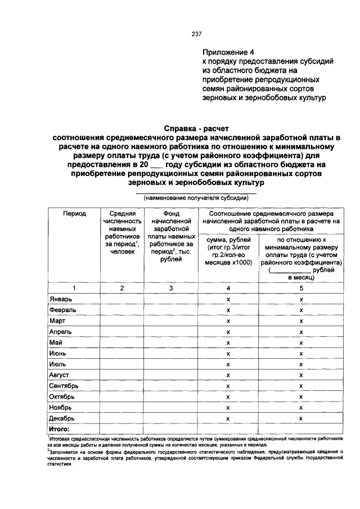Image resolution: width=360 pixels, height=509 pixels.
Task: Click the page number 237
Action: (197, 34)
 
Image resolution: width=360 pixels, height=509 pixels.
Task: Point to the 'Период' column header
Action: (74, 214)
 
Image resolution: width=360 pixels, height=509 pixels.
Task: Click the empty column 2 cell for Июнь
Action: (122, 354)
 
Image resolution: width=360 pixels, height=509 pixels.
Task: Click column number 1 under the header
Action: (74, 289)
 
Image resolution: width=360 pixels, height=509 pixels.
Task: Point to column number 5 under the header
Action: (301, 289)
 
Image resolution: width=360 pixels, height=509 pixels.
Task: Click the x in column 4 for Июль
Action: (228, 364)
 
